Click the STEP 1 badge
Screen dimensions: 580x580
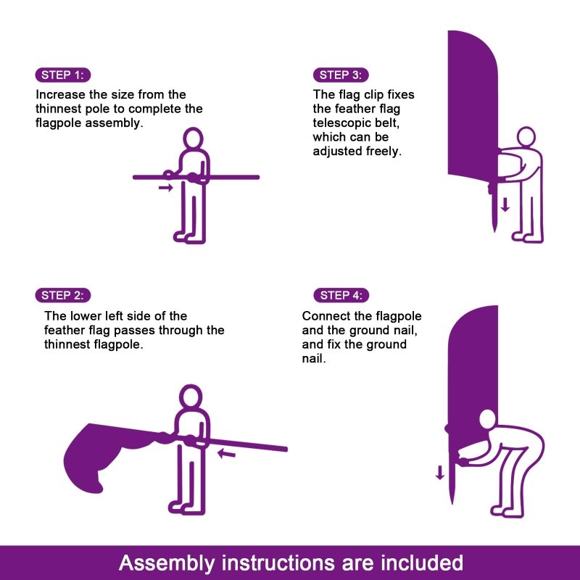63,75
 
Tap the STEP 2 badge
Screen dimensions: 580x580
63,295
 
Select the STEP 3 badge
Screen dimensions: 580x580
341,75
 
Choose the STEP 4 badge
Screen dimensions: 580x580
341,295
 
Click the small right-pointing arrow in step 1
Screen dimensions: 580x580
166,188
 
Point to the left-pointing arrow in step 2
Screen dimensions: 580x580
227,455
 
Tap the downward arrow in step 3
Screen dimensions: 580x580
505,204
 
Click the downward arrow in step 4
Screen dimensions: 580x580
439,473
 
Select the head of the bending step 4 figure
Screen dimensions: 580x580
488,420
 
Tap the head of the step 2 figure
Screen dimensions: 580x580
190,397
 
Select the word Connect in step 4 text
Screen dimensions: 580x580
326,316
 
